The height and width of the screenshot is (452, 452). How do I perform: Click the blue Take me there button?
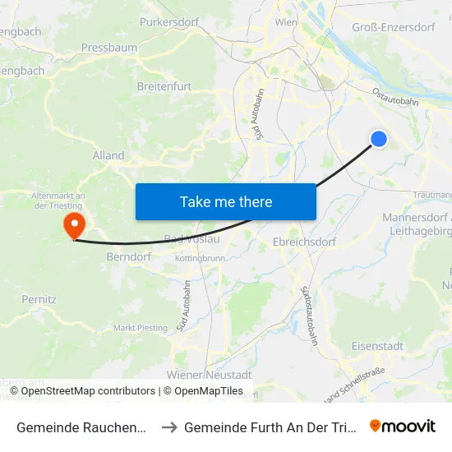[225, 201]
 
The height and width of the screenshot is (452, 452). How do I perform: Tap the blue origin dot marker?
[379, 139]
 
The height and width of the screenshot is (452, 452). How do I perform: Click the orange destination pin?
[74, 224]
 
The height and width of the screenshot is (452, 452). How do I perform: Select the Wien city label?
[286, 22]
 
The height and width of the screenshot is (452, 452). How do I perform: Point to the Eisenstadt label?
[377, 346]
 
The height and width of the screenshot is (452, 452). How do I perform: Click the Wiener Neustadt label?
[209, 374]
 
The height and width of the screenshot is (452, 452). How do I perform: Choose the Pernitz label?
[39, 300]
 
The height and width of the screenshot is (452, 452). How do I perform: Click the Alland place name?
[108, 155]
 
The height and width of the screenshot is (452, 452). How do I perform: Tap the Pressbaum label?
[109, 48]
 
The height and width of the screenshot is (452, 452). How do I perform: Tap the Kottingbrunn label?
[200, 258]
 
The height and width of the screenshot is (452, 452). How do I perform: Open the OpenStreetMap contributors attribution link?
[88, 391]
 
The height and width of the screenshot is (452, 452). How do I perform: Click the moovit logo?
[403, 426]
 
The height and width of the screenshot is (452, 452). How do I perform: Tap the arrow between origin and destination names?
[168, 427]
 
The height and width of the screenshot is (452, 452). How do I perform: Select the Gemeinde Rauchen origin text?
[82, 427]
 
